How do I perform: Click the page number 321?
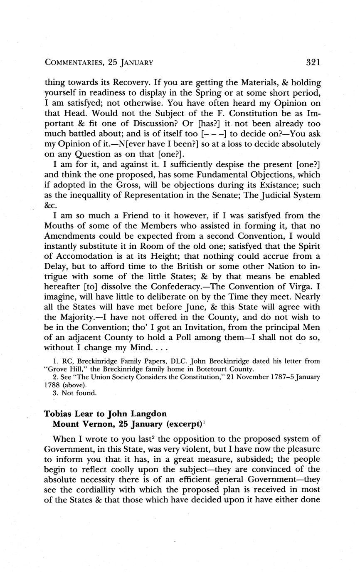coord(313,63)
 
